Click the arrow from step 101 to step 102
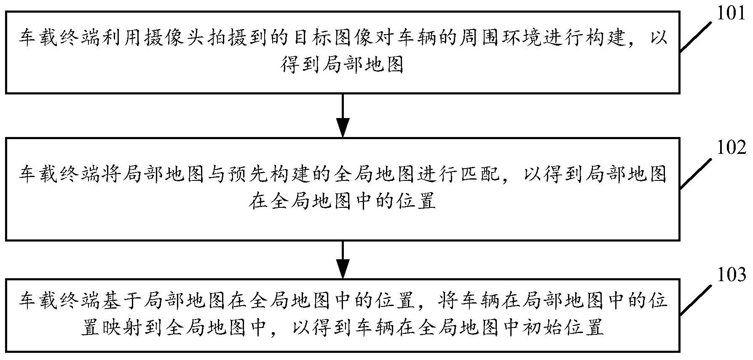(343, 115)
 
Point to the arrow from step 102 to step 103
(343, 260)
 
